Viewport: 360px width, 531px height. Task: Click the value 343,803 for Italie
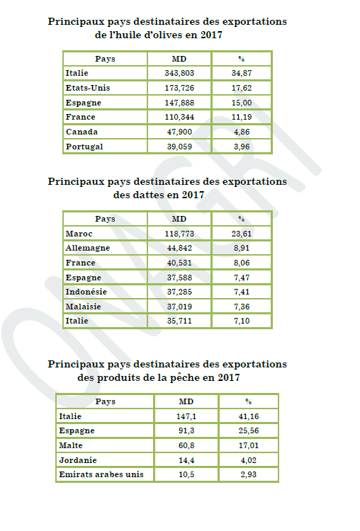pyautogui.click(x=179, y=73)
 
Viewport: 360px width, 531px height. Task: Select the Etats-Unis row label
pyautogui.click(x=88, y=88)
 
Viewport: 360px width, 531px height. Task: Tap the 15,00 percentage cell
pyautogui.click(x=242, y=103)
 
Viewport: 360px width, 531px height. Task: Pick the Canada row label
pyautogui.click(x=81, y=132)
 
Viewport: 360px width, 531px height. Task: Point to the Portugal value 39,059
pyautogui.click(x=179, y=147)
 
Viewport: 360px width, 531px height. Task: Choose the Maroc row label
pyautogui.click(x=79, y=234)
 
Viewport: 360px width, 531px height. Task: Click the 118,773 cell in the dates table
pyautogui.click(x=179, y=234)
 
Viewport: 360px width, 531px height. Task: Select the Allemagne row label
pyautogui.click(x=88, y=249)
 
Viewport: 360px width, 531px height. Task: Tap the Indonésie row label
pyautogui.click(x=86, y=292)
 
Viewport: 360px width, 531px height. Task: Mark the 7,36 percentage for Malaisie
pyautogui.click(x=242, y=307)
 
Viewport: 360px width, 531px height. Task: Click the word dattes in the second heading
pyautogui.click(x=149, y=195)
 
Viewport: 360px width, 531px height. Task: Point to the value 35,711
pyautogui.click(x=179, y=321)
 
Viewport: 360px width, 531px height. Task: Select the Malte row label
pyautogui.click(x=71, y=445)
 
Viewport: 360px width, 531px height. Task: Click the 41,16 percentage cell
pyautogui.click(x=249, y=416)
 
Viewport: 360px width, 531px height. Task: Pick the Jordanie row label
pyautogui.click(x=78, y=461)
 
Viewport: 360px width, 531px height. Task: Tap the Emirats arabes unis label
pyautogui.click(x=101, y=475)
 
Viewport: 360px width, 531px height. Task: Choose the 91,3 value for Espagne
pyautogui.click(x=186, y=430)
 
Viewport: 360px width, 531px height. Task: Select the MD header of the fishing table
pyautogui.click(x=186, y=401)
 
